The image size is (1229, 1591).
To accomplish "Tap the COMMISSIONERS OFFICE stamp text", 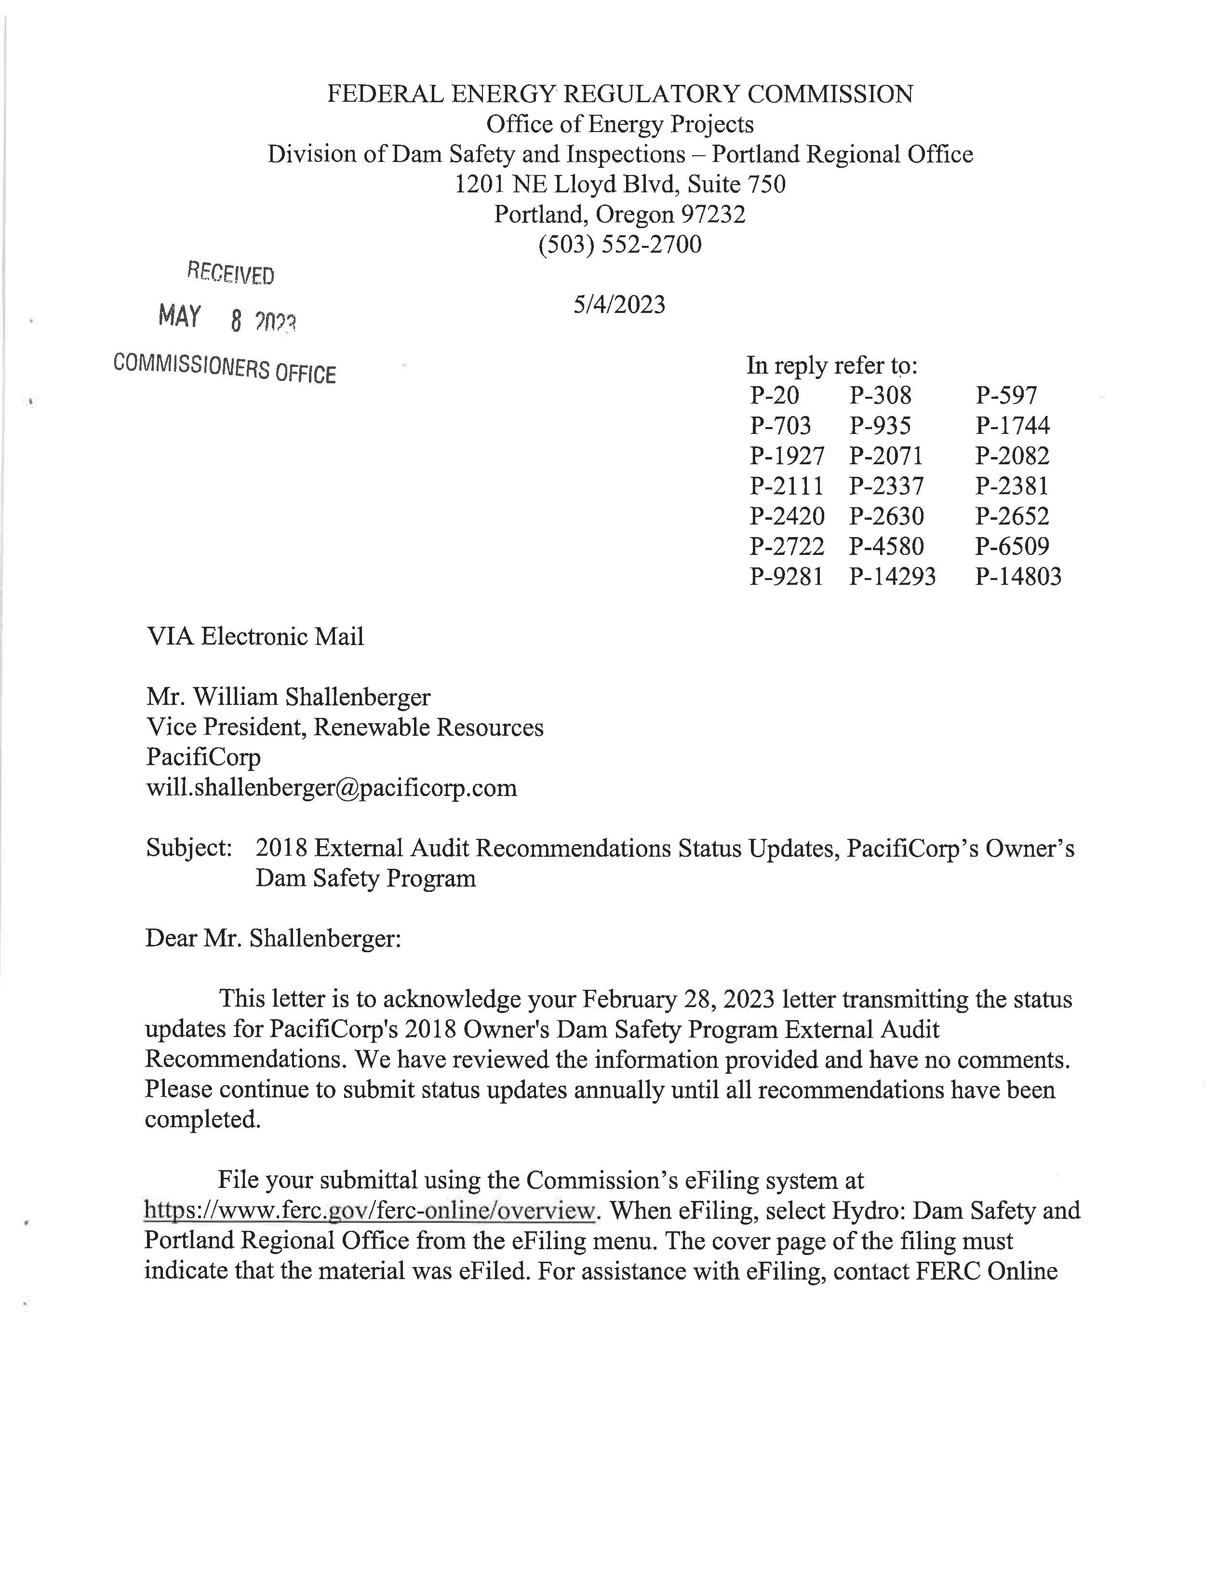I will tap(224, 368).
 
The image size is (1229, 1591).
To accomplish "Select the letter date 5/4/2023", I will tap(619, 305).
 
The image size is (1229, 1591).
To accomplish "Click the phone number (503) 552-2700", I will tap(620, 244).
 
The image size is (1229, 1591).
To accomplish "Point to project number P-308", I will tap(880, 395).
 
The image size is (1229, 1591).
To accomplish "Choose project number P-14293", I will tap(892, 577).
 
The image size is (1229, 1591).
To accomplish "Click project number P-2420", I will tap(787, 516).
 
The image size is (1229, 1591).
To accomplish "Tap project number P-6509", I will tap(1012, 546).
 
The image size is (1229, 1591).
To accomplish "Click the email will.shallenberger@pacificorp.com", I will tap(331, 787).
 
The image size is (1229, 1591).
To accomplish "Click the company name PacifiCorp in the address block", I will tap(203, 757).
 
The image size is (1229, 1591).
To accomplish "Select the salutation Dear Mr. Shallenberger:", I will tap(273, 938).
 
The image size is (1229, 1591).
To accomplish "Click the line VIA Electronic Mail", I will tap(255, 637).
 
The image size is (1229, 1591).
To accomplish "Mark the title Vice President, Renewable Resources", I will tap(345, 727).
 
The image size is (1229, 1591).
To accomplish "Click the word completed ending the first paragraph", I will tap(201, 1119).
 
